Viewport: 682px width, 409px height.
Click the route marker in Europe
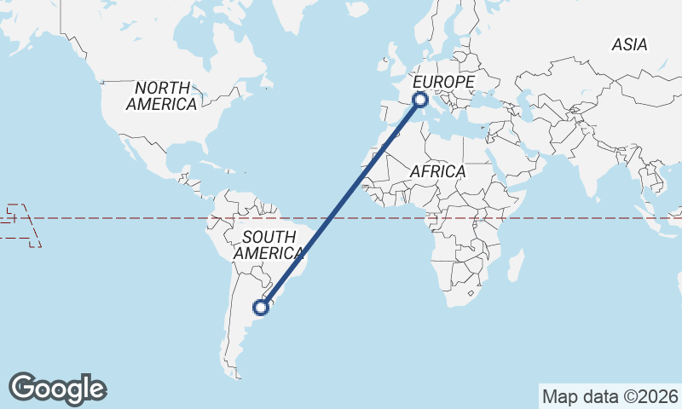pyautogui.click(x=419, y=100)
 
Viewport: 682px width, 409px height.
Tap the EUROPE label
pyautogui.click(x=443, y=82)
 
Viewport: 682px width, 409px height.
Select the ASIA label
pyautogui.click(x=629, y=44)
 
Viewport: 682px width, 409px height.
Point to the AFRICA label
pyautogui.click(x=437, y=171)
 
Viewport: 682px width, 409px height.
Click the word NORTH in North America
pyautogui.click(x=161, y=88)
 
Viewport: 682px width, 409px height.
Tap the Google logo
pyautogui.click(x=57, y=388)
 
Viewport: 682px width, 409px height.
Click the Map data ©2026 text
pyautogui.click(x=610, y=396)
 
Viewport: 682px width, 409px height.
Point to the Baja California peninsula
pyautogui.click(x=129, y=147)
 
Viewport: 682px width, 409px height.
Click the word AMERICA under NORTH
pyautogui.click(x=161, y=104)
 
